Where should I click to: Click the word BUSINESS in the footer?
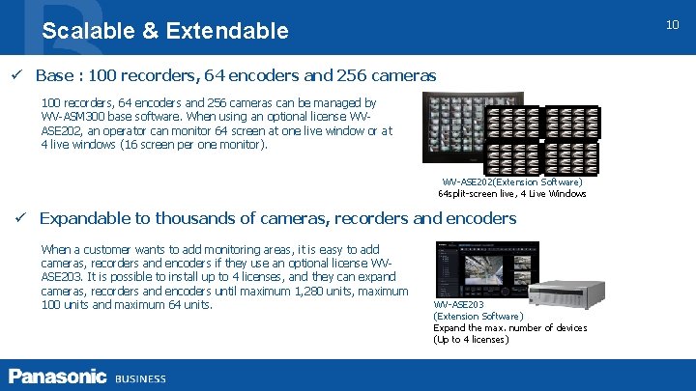(x=140, y=378)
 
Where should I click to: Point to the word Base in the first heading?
(x=56, y=75)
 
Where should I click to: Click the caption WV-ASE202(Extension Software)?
(x=512, y=182)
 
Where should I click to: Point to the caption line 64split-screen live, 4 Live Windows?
(x=512, y=194)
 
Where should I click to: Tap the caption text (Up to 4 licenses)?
(x=471, y=339)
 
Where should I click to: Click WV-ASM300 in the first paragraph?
(x=73, y=116)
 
